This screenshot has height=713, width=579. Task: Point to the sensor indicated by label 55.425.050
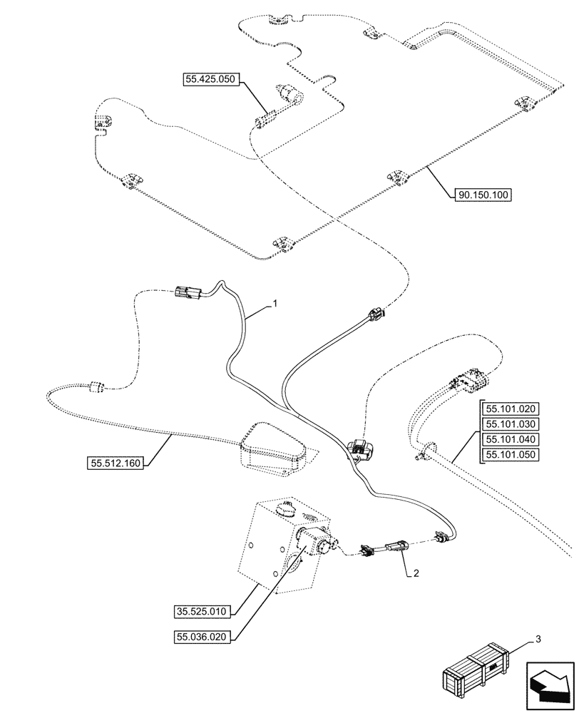tap(289, 93)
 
